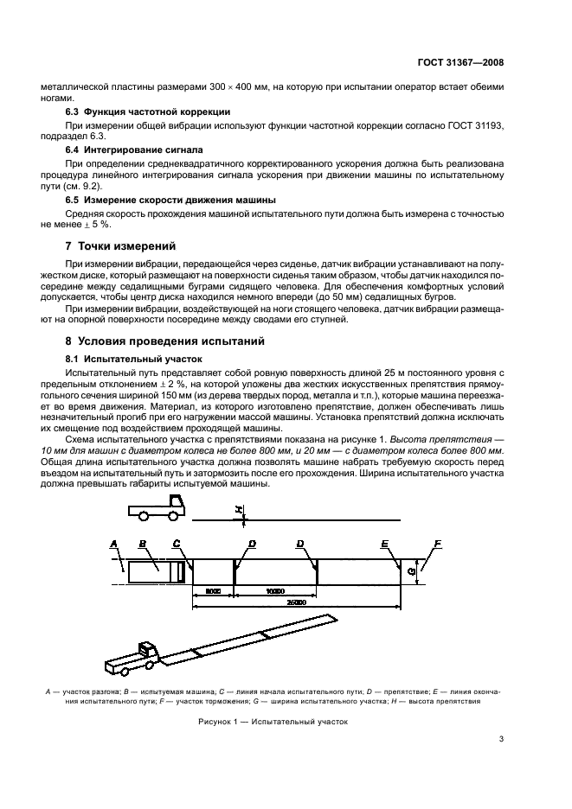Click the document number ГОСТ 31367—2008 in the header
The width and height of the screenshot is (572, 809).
(462, 62)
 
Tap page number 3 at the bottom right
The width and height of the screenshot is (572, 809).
(501, 738)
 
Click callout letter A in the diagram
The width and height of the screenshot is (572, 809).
(113, 543)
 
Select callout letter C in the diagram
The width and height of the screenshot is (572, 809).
(177, 543)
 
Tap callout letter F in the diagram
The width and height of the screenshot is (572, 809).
(437, 542)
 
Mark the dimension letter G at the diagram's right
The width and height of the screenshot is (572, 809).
(412, 570)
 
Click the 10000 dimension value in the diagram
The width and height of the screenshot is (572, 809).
(275, 591)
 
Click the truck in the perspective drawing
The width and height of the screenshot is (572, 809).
(143, 654)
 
